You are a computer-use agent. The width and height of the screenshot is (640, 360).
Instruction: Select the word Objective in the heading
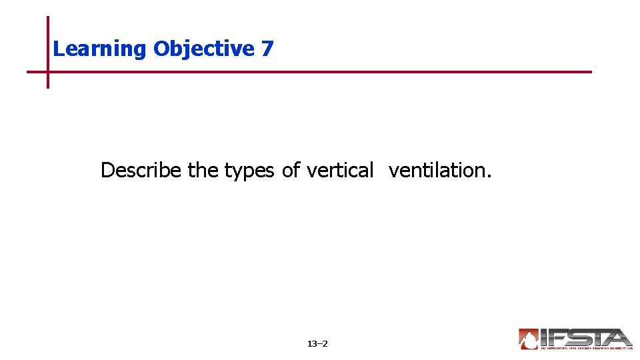204,49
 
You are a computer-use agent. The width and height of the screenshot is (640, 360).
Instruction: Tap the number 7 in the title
267,49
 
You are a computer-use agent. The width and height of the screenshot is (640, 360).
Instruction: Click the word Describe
141,171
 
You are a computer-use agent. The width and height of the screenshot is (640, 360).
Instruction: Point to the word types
249,171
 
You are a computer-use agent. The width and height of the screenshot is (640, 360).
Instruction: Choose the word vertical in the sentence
340,171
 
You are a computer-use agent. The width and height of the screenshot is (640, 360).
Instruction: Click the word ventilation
438,171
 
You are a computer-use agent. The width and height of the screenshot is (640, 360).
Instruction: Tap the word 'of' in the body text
291,171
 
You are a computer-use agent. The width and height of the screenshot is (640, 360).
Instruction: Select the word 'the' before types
203,171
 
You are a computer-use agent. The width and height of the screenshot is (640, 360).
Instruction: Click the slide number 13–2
317,344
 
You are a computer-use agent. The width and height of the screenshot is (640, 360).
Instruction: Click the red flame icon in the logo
529,339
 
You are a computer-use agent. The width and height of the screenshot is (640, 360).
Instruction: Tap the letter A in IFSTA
619,337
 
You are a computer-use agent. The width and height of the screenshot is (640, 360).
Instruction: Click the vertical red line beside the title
48,40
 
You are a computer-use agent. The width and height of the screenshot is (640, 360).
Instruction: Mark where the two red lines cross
48,72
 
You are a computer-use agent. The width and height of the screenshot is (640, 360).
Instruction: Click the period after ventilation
489,176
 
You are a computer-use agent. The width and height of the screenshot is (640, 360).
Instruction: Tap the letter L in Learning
57,49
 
